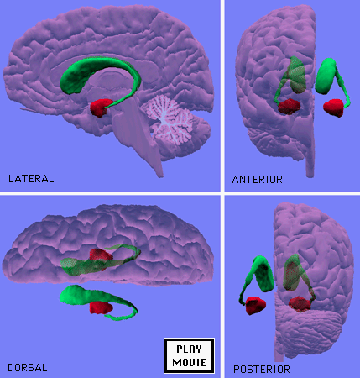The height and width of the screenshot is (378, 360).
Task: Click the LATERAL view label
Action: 31,179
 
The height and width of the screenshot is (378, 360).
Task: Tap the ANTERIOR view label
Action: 257,180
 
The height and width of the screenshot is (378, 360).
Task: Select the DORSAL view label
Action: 28,368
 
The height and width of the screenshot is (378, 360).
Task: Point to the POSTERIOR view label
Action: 262,370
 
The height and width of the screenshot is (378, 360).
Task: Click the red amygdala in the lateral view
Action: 101,108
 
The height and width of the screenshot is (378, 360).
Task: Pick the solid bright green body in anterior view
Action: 325,76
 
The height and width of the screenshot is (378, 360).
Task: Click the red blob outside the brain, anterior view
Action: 333,108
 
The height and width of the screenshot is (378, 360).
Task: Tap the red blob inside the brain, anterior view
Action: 290,107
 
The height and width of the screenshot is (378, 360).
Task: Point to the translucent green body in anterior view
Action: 297,75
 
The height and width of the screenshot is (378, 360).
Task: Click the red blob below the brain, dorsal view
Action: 101,307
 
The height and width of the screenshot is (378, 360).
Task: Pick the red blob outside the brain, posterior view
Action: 255,305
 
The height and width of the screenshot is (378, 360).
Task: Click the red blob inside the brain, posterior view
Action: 300,304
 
